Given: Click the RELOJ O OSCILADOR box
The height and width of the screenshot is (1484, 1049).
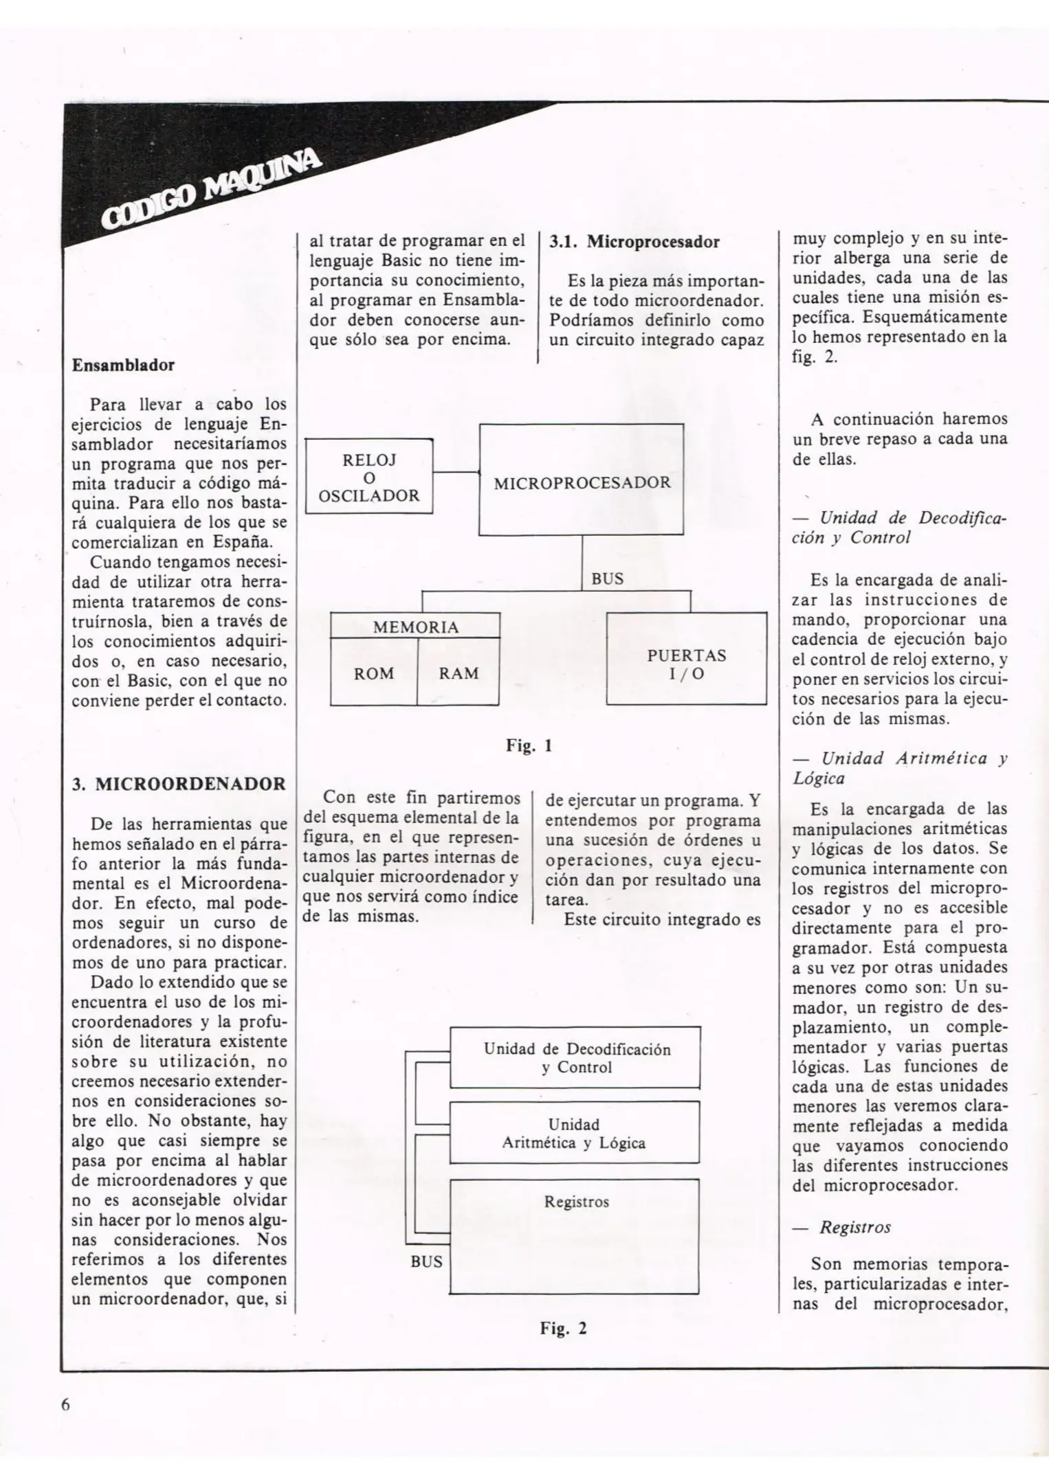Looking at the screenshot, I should tap(369, 477).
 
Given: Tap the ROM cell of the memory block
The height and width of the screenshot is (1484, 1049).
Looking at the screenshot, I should tap(374, 673).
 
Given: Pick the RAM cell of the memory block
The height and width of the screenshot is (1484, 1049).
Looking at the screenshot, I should tap(459, 673).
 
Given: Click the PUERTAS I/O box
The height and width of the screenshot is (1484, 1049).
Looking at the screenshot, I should tap(686, 663).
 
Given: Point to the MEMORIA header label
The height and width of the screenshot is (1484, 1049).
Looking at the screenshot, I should tap(415, 627).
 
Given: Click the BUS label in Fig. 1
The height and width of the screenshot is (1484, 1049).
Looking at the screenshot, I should tap(607, 578).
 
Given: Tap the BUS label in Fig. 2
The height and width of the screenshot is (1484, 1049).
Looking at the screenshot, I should tap(426, 1261).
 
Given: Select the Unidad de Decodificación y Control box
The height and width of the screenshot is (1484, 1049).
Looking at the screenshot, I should tap(575, 1057).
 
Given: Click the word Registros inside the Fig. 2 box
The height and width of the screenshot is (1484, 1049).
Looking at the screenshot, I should tap(576, 1202).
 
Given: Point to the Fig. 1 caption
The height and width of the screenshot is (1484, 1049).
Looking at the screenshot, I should tap(529, 745).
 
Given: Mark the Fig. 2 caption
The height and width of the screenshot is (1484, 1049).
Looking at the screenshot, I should tap(563, 1328).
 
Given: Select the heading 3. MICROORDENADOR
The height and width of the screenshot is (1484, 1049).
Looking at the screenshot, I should tap(179, 784).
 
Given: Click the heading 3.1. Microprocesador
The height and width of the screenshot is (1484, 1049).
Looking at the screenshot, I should tap(634, 242).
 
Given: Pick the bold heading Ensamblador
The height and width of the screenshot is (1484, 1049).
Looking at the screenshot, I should tap(123, 365).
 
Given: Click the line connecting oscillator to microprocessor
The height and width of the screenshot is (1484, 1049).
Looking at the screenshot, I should tap(456, 473).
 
